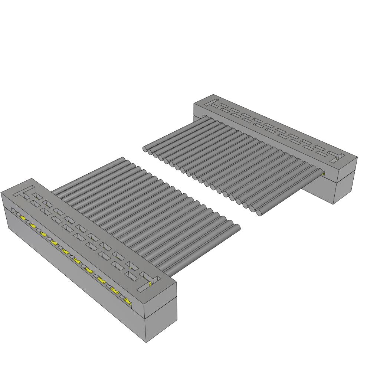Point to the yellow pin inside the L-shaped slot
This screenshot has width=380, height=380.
[150, 284]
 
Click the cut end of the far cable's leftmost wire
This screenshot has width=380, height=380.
[145, 149]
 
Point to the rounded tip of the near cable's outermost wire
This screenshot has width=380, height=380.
[236, 228]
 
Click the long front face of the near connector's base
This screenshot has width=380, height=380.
[74, 275]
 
